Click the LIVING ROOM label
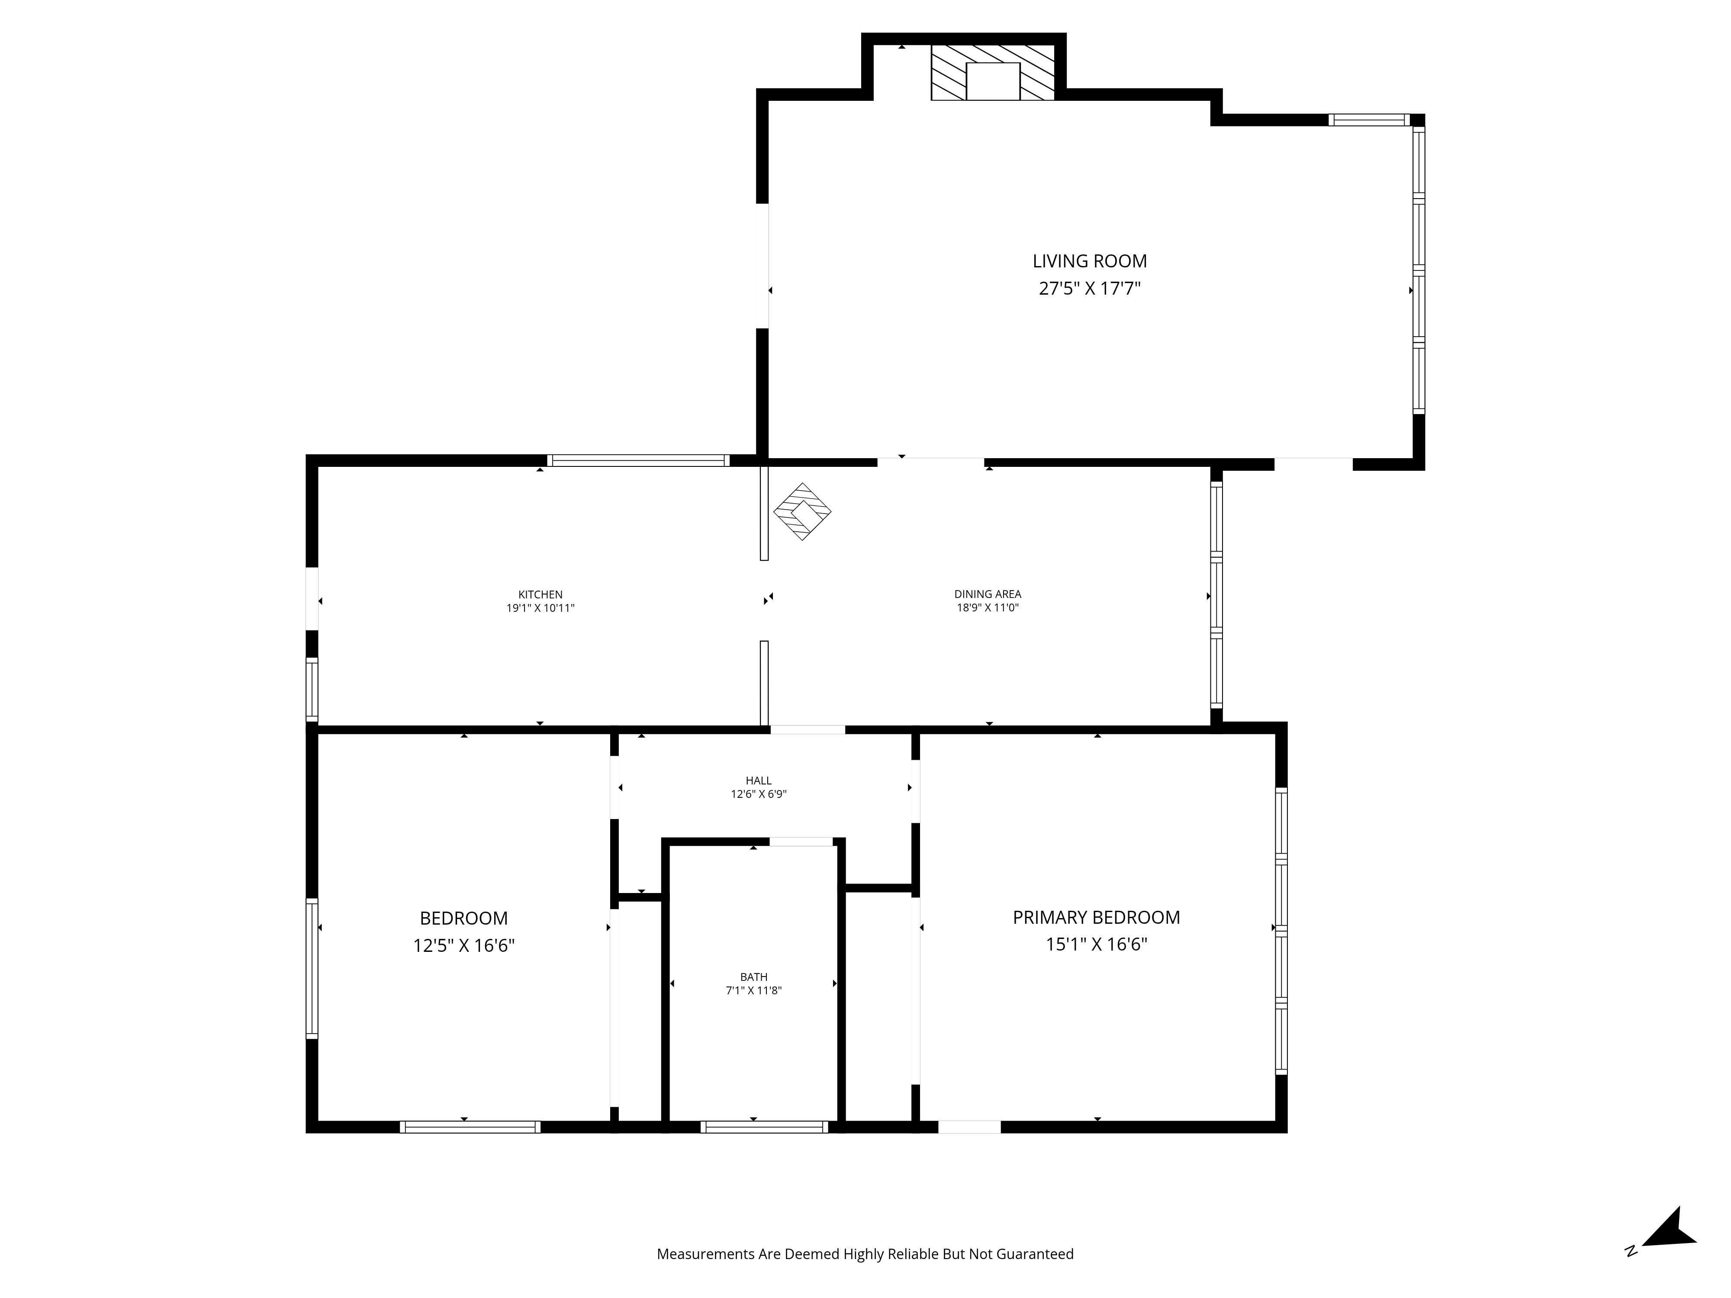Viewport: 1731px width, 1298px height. tap(1089, 261)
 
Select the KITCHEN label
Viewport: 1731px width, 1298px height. tap(540, 594)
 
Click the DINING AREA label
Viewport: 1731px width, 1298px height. tap(988, 594)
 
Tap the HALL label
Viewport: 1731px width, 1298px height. tap(758, 781)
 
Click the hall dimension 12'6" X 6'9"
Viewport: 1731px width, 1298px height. tap(758, 794)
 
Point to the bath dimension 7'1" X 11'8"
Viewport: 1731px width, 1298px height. tap(753, 990)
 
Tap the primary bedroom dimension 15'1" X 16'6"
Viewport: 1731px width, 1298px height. tap(1096, 945)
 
